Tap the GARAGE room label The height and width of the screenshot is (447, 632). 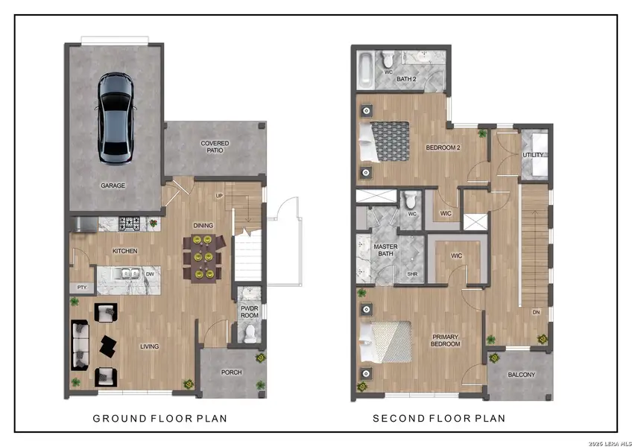113,186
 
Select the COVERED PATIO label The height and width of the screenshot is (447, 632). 215,146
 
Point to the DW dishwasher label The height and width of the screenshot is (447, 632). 150,273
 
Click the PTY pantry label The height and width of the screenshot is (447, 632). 80,287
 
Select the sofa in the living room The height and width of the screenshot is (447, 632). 79,345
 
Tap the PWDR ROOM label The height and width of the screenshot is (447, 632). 249,311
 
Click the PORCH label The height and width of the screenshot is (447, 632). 231,372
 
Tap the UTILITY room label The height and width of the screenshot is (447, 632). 533,155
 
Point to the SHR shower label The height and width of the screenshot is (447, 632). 411,273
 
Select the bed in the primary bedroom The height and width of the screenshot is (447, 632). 385,346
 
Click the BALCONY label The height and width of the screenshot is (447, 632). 521,375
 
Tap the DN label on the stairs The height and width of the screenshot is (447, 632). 534,312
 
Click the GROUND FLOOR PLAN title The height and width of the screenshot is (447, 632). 159,419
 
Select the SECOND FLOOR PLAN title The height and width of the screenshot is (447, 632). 439,419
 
